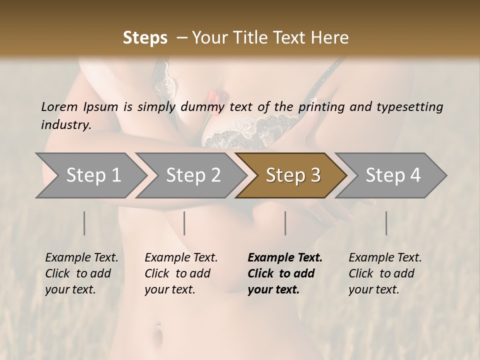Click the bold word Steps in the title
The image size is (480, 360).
point(145,38)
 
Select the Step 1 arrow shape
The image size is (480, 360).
point(90,175)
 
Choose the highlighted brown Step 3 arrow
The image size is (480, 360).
point(292,175)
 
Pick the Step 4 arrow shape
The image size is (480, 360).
point(392,175)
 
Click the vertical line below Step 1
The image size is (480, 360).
point(84,223)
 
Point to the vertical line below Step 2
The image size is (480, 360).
point(184,223)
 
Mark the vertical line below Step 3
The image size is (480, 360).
point(285,223)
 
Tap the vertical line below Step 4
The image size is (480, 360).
point(386,223)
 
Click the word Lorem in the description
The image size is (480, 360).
point(59,107)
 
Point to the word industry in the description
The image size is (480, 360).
point(65,125)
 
